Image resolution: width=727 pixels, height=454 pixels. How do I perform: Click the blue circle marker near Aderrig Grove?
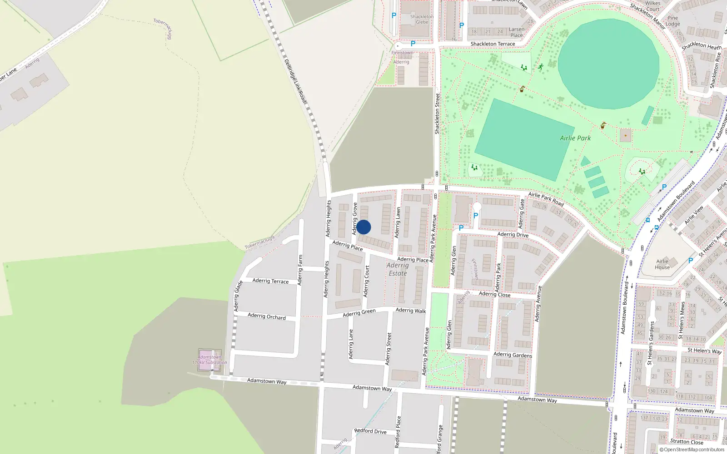(363, 227)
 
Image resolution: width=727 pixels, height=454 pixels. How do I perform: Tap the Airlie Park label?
(575, 138)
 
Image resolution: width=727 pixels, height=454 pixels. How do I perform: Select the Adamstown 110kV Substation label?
(209, 360)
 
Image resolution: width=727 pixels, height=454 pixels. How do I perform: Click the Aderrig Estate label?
(398, 269)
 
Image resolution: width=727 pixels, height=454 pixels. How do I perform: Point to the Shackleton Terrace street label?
(493, 44)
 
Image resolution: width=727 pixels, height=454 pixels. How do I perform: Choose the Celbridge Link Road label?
(296, 81)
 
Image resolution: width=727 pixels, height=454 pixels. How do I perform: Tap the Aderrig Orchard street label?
(267, 316)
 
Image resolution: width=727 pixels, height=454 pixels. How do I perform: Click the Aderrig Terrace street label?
(270, 281)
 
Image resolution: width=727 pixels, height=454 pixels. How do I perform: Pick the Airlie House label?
(662, 264)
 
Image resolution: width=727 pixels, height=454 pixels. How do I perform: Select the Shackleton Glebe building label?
(422, 19)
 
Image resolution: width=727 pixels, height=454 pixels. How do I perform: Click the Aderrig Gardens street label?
(513, 355)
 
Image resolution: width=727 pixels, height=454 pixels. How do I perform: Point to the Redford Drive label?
(370, 431)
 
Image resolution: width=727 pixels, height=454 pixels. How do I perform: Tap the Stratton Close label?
(687, 442)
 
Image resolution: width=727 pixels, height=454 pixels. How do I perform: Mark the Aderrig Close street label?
(494, 294)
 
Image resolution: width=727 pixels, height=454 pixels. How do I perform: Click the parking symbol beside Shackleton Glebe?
(394, 15)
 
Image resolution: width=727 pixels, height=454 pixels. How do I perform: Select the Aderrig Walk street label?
(411, 311)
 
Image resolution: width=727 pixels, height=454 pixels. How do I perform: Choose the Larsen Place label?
(517, 32)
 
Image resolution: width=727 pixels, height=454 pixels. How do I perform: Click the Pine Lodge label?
(672, 21)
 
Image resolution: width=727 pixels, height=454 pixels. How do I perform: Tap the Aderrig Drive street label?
(513, 235)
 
